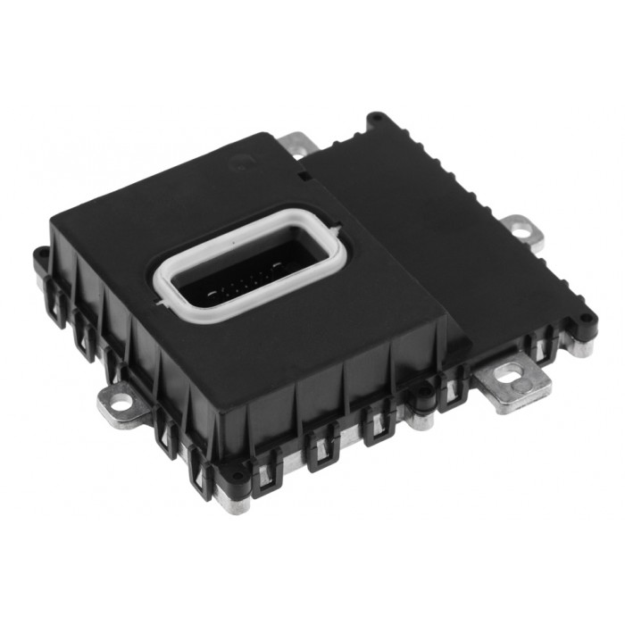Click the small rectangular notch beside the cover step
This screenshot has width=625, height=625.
coord(304,176)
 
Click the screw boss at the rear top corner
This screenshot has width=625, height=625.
coord(377,117)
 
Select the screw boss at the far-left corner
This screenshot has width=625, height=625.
coord(40,254)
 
